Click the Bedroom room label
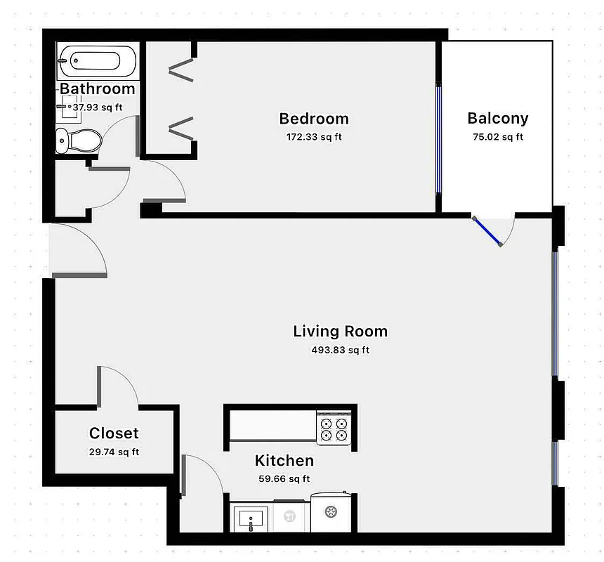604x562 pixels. [x=314, y=118]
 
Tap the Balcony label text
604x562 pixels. [x=497, y=118]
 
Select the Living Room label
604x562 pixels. [x=340, y=331]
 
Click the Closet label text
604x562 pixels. [x=114, y=433]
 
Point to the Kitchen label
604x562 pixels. [x=284, y=461]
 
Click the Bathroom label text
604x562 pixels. [x=97, y=89]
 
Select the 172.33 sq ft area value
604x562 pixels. [x=314, y=137]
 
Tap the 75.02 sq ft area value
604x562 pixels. [x=497, y=137]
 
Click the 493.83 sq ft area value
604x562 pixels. [x=341, y=350]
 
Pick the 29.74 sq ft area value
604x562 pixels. [x=114, y=452]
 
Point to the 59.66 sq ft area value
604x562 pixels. [x=284, y=479]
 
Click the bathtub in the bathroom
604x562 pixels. [x=97, y=61]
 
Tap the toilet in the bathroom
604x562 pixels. [x=79, y=140]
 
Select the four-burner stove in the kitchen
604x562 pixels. [x=333, y=429]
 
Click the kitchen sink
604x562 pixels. [x=250, y=518]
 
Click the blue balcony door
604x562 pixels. [x=487, y=231]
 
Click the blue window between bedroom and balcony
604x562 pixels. [x=438, y=138]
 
